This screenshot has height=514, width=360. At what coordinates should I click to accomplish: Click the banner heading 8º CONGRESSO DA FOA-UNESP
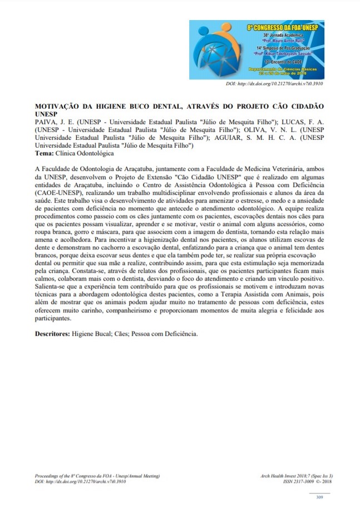284,26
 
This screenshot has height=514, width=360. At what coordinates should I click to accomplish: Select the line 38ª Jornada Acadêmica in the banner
284,35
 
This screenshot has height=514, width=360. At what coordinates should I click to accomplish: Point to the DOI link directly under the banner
274,84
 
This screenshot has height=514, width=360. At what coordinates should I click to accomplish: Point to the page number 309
319,497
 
